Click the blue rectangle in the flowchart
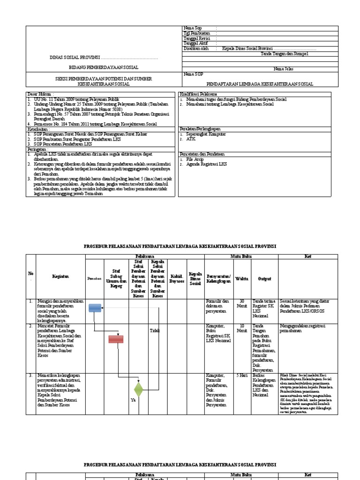click(x=95, y=307)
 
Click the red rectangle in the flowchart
click(x=116, y=339)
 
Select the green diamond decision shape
click(x=138, y=389)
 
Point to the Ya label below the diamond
click(x=133, y=400)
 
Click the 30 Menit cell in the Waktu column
click(x=242, y=304)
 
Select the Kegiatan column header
click(x=60, y=277)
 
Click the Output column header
click(x=264, y=278)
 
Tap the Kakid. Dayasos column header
click(x=176, y=278)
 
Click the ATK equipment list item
click(x=191, y=139)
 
